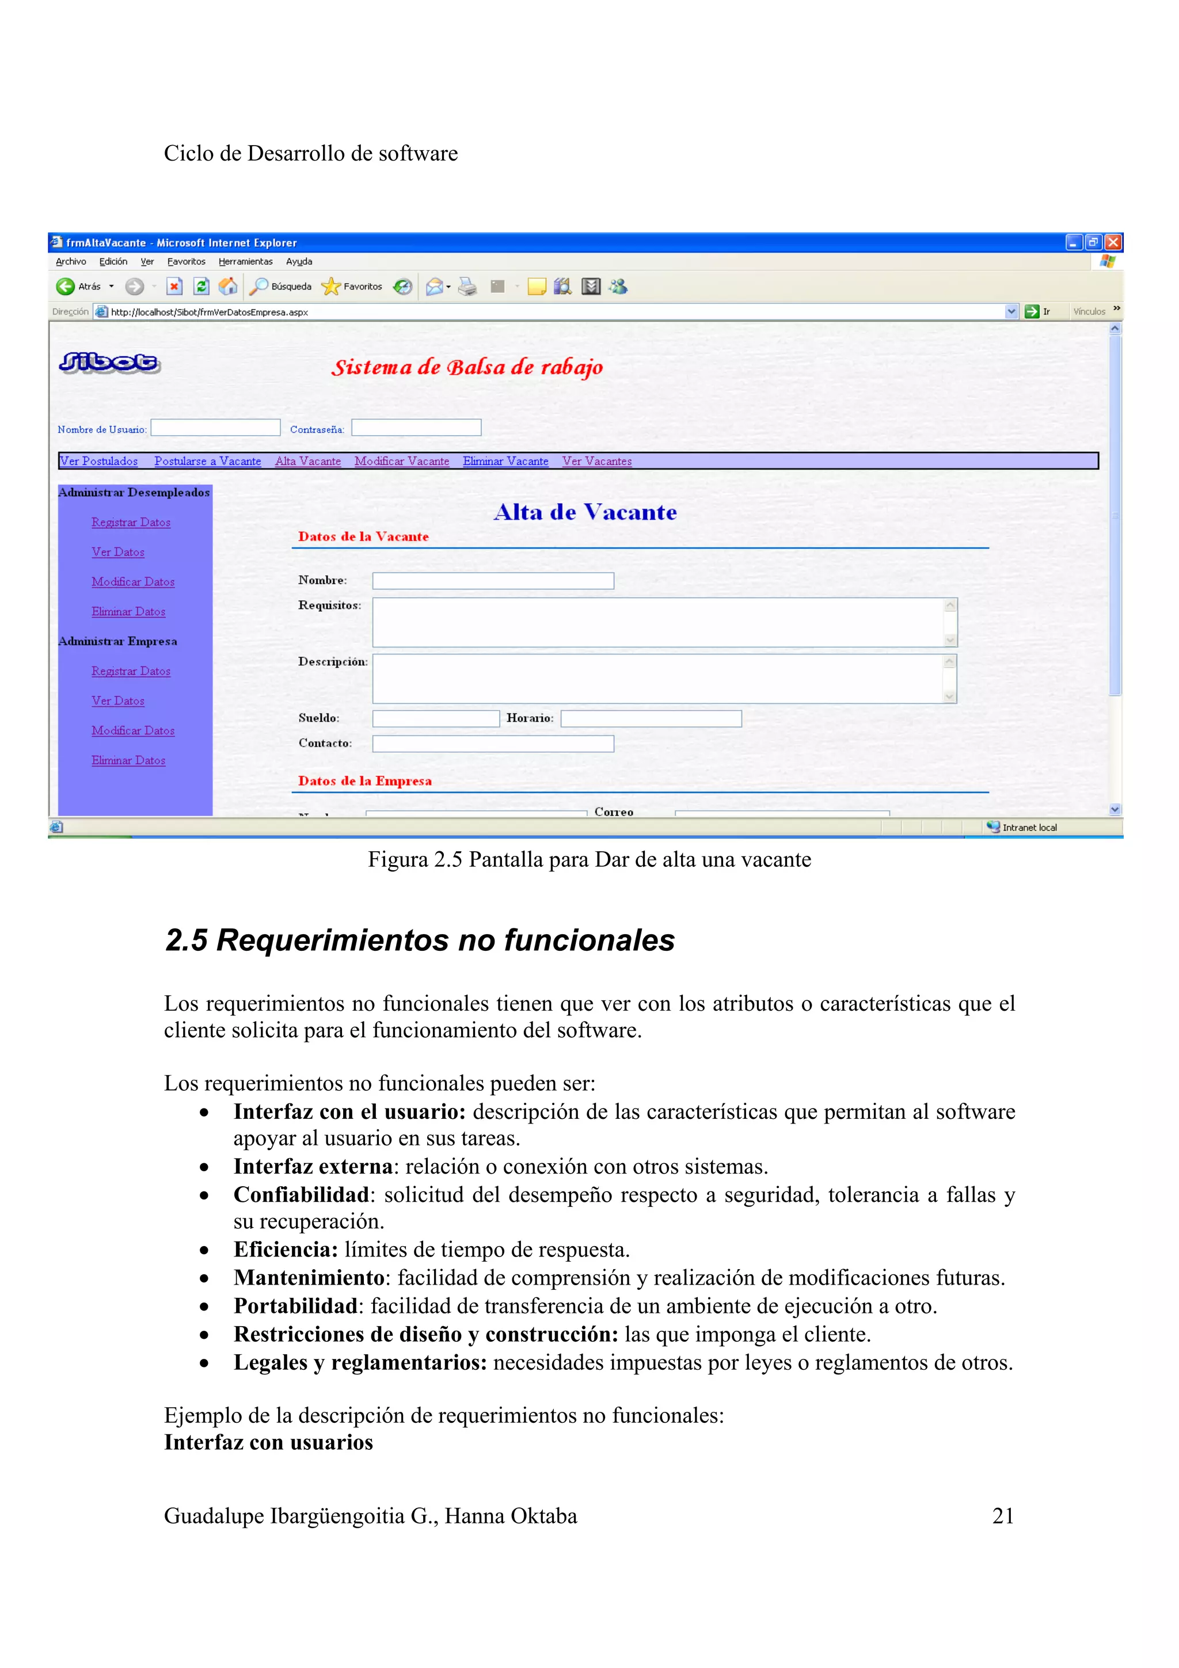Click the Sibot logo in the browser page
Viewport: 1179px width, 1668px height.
[x=110, y=362]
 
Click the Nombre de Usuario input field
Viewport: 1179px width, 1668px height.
[x=215, y=428]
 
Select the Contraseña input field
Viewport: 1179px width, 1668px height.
[x=416, y=428]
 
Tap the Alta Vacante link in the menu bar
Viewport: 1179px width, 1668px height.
[x=307, y=461]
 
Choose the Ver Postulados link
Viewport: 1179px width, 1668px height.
[x=99, y=461]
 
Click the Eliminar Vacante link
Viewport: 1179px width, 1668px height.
[x=505, y=461]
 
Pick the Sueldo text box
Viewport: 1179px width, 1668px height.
[x=435, y=718]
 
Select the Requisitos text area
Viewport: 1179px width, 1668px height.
[x=657, y=623]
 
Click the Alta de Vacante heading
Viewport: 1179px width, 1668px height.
[x=585, y=512]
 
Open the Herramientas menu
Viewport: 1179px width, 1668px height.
[x=246, y=261]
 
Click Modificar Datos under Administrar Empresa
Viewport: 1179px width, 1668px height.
[x=133, y=731]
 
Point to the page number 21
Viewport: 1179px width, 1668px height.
[x=1002, y=1515]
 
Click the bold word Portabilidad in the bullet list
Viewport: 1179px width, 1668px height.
[x=295, y=1305]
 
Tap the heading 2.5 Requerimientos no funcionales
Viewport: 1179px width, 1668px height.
[x=420, y=940]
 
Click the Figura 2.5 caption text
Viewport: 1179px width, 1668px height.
[x=589, y=859]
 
